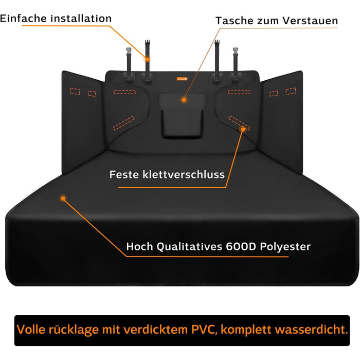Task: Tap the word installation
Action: point(81,19)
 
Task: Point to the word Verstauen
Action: point(310,21)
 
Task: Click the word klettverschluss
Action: point(184,174)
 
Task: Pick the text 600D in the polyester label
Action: point(241,246)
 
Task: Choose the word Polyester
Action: point(285,247)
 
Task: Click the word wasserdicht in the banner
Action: point(311,330)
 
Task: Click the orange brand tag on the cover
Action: point(182,79)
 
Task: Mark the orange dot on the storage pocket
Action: point(184,100)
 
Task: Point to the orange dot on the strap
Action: point(147,59)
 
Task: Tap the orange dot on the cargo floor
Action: point(63,198)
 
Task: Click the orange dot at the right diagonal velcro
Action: point(243,129)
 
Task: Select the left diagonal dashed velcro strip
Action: point(124,123)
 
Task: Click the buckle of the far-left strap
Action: point(129,50)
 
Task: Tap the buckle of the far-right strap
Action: point(236,50)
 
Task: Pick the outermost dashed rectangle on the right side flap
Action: point(291,91)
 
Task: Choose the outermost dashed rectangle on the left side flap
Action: point(75,91)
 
